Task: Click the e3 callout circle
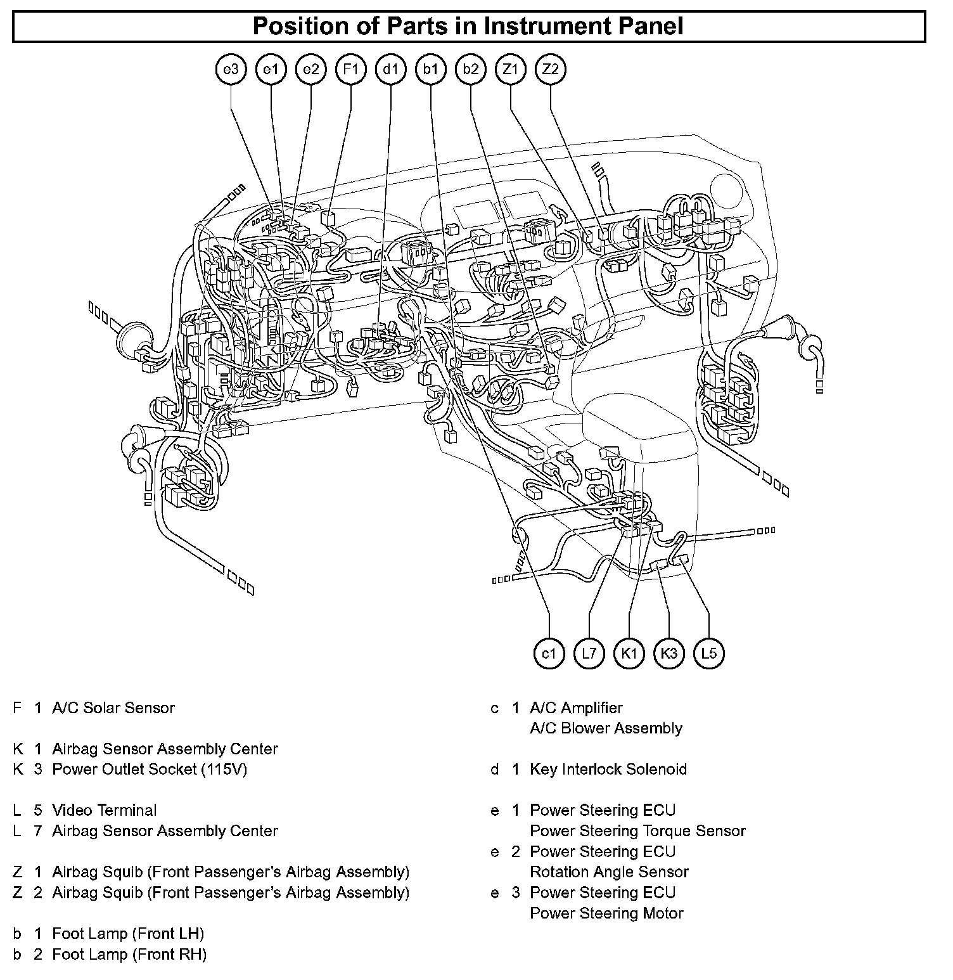[x=231, y=69]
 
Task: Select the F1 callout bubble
[x=351, y=69]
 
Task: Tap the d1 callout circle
[x=391, y=69]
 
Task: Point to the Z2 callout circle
[x=551, y=69]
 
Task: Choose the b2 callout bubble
[x=471, y=69]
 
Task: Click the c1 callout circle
[x=549, y=654]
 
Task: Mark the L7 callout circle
[x=589, y=654]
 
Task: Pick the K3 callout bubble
[x=669, y=654]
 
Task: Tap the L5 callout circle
[x=709, y=654]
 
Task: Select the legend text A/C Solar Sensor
[x=113, y=708]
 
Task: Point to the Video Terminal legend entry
[x=105, y=810]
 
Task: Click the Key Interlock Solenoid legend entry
[x=608, y=770]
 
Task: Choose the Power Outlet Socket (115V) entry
[x=150, y=770]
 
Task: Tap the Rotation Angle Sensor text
[x=609, y=872]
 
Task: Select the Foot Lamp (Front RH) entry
[x=129, y=954]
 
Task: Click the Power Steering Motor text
[x=606, y=913]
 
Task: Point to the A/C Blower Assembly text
[x=606, y=728]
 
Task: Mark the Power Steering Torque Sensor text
[x=637, y=831]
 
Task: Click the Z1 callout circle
[x=511, y=69]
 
